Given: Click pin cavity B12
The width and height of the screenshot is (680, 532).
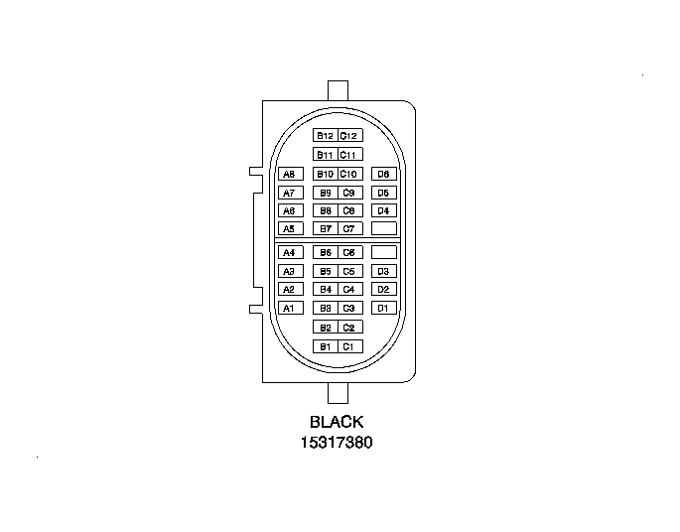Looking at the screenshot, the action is point(326,136).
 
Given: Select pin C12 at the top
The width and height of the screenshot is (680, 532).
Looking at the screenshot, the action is point(350,136).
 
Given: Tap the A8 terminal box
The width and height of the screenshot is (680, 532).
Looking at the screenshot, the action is point(291,174).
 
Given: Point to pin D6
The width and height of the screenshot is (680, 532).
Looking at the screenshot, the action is point(384,174).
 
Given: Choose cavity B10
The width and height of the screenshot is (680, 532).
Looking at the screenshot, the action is point(326,174).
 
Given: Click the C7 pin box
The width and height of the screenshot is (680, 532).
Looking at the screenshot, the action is point(350,228).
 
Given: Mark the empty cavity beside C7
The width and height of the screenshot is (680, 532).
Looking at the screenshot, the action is point(384,228).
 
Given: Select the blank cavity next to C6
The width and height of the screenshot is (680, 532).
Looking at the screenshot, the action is point(384,252).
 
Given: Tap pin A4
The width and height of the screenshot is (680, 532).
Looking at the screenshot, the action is point(291,252).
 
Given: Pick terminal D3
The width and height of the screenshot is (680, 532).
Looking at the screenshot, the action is point(384,271).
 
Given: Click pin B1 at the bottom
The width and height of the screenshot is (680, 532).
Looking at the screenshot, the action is point(326,346).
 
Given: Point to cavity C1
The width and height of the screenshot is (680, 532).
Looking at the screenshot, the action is point(350,346).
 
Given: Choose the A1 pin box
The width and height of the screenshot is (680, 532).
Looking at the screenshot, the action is point(291,308).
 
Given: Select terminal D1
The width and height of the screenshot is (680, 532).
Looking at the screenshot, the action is point(384,308).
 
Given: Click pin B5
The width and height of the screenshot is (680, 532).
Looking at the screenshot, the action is point(326,271).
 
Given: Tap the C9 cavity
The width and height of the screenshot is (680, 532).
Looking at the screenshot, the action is point(350,193).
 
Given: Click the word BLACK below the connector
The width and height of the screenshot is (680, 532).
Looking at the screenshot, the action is point(337,422).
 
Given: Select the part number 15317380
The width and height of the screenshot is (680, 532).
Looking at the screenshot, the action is point(337,443).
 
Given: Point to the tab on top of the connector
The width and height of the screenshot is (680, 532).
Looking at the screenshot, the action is point(338,90).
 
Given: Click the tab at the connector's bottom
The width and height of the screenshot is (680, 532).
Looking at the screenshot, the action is point(338,393).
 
